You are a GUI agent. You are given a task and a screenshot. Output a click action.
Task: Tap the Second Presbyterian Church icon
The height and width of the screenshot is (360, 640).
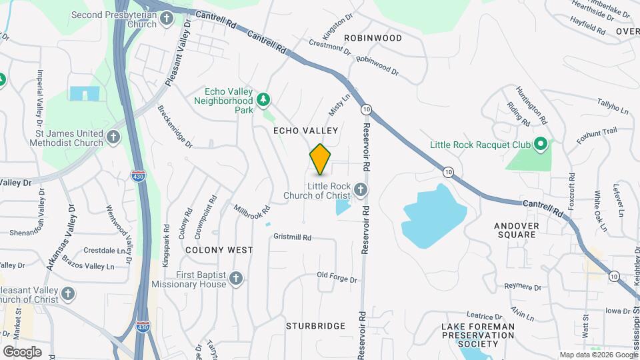pos(167,20)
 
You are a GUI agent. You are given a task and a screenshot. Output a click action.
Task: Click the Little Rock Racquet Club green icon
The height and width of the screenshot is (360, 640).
pos(541,144)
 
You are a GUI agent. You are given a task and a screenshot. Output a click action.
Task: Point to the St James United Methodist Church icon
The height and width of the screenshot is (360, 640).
pos(113,137)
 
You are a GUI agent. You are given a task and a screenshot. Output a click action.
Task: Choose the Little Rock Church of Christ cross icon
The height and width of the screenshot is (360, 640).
pos(360,191)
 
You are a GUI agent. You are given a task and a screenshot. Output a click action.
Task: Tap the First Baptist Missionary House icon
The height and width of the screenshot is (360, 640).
pos(235,279)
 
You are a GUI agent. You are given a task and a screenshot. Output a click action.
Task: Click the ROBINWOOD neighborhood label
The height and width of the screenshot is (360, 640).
pos(373,38)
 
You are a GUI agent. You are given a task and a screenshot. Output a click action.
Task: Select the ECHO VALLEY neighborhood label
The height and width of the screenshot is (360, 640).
pos(306,131)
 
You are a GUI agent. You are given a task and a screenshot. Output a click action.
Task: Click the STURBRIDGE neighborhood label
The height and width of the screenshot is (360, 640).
pos(315,326)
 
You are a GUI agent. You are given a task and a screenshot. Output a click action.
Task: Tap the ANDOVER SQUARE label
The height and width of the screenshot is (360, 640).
pos(517,230)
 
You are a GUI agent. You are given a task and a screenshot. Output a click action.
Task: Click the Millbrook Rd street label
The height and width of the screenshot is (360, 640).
pos(252,209)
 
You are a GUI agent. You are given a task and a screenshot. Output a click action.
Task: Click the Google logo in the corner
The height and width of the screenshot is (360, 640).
pos(22,351)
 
